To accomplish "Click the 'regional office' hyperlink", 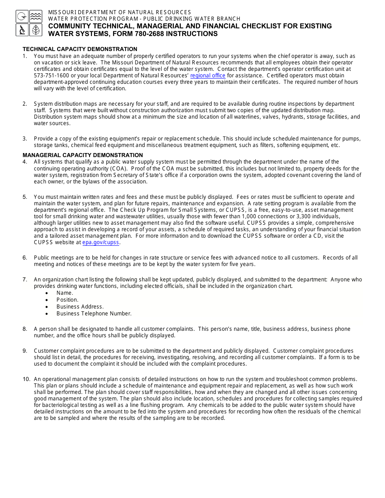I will [x=207, y=76].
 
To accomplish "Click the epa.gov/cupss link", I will [x=101, y=243].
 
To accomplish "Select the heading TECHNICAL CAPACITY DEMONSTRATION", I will [x=80, y=49].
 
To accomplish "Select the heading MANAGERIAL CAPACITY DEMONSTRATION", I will [x=83, y=155].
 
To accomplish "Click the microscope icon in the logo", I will [x=22, y=30].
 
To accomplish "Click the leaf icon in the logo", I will [x=36, y=30].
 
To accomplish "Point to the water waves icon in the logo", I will [x=36, y=17].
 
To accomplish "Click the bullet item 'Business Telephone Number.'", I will [x=94, y=313].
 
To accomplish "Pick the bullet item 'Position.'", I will [x=67, y=300].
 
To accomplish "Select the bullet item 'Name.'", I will [x=65, y=293].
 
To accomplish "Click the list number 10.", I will [x=26, y=379].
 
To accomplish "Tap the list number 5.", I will [x=25, y=197].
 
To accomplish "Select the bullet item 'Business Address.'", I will [x=80, y=306].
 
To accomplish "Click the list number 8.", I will [x=25, y=329].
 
